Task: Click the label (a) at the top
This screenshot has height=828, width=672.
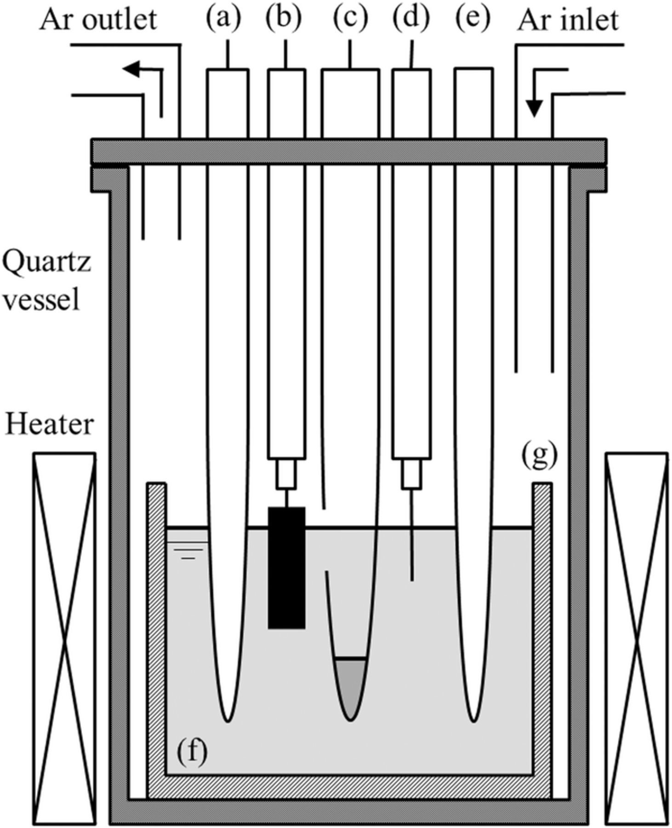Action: point(223,19)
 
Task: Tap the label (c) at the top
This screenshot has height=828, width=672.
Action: point(350,19)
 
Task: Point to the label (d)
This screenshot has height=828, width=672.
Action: point(411,19)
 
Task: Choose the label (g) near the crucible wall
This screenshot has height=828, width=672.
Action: point(539,454)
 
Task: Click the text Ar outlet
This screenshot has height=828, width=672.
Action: point(98,20)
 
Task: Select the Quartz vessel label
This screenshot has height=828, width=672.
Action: point(46,281)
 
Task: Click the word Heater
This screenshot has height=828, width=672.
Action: point(49,424)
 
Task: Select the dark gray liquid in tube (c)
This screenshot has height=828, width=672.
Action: point(350,685)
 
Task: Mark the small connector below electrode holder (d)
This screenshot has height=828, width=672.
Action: point(412,474)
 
